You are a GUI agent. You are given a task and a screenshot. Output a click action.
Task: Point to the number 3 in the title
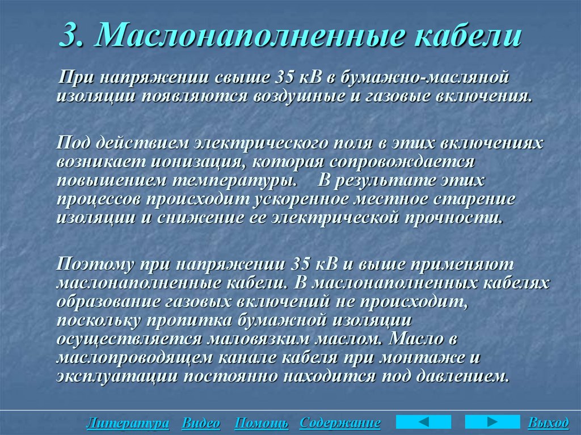70,36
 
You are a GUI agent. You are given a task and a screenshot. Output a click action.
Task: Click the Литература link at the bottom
128,423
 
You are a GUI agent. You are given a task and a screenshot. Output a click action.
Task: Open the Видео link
201,423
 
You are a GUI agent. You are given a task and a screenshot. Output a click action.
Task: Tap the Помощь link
261,423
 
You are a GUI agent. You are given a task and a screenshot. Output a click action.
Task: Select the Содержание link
340,423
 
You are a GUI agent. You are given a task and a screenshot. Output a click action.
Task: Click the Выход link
548,423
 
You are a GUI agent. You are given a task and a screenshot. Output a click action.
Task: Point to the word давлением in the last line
464,376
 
